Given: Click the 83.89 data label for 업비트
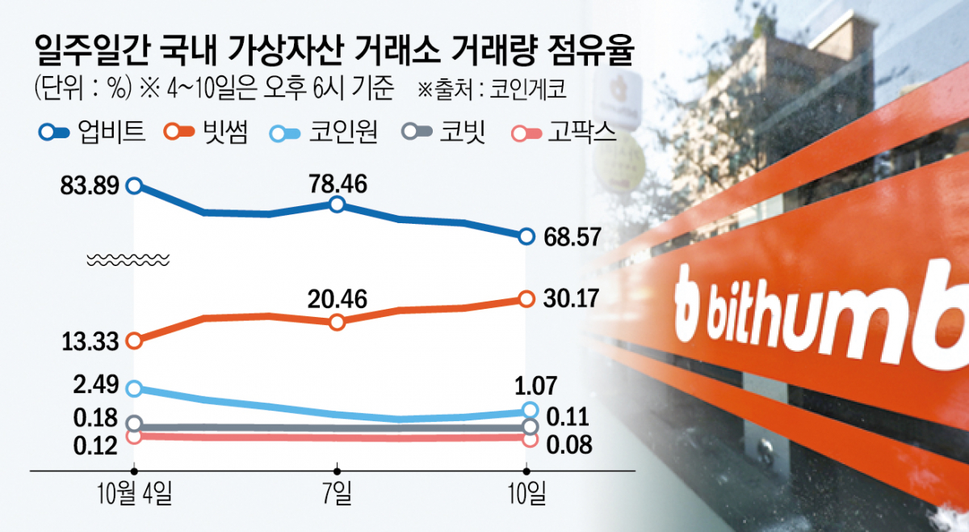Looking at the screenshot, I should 90,186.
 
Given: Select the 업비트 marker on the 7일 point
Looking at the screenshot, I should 338,205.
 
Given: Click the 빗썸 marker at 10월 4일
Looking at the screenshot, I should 135,340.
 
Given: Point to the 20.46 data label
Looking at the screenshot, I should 338,301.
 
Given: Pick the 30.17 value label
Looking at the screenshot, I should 570,299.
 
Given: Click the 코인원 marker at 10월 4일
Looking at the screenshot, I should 135,388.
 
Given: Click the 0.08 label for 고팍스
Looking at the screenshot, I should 570,444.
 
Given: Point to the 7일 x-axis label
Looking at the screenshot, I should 338,492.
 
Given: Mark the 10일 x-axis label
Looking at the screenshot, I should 527,492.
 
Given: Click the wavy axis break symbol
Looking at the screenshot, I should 128,260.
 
